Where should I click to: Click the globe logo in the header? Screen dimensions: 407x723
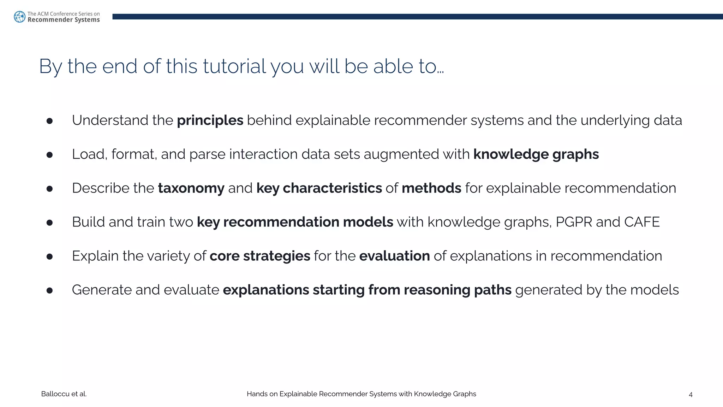click(19, 17)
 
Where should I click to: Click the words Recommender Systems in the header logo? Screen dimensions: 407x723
click(64, 20)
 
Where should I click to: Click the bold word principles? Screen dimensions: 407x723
click(210, 120)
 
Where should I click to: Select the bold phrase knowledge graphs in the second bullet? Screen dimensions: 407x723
click(536, 154)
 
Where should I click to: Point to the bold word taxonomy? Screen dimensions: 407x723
click(191, 188)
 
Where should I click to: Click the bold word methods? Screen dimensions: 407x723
click(431, 188)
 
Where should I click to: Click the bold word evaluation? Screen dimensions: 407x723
click(394, 256)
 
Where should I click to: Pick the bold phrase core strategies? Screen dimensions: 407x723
click(260, 256)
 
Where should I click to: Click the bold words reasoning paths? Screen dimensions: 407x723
click(457, 290)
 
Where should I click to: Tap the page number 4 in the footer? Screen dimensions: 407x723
click(691, 395)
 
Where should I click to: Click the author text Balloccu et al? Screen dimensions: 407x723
click(64, 394)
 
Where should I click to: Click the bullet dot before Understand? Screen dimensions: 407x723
click(49, 121)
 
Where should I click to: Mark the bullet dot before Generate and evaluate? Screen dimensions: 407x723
click(49, 291)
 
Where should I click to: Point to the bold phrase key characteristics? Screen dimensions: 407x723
click(319, 188)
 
